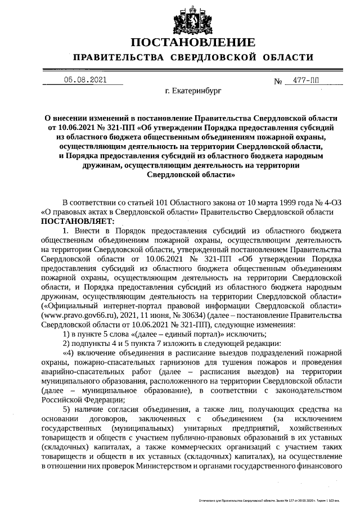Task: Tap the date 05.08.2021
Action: click(x=85, y=80)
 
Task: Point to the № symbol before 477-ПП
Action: click(x=278, y=82)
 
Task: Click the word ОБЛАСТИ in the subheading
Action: click(x=285, y=58)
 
